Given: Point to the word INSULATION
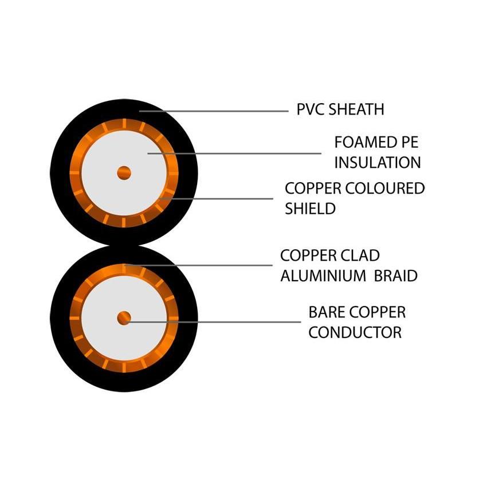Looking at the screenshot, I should tap(378, 163).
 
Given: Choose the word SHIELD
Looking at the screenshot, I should tap(310, 209).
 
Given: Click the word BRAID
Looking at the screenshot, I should tap(396, 276).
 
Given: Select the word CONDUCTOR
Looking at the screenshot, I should tap(355, 332).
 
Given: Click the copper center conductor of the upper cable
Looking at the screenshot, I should tap(124, 172).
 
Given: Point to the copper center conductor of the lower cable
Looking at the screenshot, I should tap(124, 318).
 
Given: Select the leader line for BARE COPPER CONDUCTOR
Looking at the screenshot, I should tap(218, 321).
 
